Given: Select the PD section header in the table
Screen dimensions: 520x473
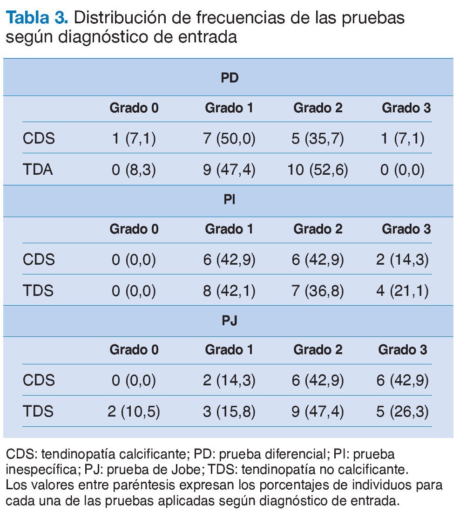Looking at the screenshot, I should pos(229,77).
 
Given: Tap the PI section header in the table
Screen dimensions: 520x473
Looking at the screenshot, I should pos(229,201).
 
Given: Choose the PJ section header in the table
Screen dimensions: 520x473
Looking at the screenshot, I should pos(229,322).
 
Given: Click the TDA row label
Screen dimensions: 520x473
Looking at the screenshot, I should pos(38,170).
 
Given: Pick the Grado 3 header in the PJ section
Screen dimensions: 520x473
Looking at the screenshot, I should pos(402,349).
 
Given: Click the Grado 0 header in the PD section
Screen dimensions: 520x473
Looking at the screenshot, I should pos(134,108).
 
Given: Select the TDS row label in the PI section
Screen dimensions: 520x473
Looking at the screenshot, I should pos(38,291).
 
